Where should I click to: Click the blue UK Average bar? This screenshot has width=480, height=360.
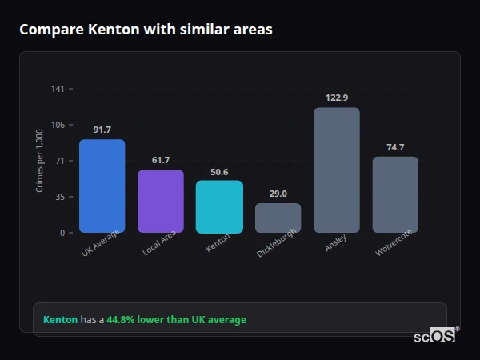click(x=102, y=186)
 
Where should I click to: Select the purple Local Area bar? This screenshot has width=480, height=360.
click(x=161, y=202)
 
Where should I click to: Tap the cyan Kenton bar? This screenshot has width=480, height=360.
click(x=219, y=207)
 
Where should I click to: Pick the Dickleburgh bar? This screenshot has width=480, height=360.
click(x=278, y=218)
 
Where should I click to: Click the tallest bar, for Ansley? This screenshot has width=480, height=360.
click(x=337, y=170)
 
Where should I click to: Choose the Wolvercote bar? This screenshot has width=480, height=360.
click(x=395, y=194)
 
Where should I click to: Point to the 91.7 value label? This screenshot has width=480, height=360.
click(x=102, y=130)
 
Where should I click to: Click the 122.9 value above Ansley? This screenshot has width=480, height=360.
click(x=337, y=98)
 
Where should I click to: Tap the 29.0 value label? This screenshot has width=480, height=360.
click(x=278, y=194)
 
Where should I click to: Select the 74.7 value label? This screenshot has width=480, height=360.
click(x=395, y=147)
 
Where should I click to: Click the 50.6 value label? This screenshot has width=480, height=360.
click(x=219, y=171)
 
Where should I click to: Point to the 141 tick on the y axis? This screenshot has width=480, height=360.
click(x=58, y=89)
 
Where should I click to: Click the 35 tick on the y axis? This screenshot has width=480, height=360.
click(x=59, y=197)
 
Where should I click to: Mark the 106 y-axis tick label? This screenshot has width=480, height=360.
click(x=58, y=125)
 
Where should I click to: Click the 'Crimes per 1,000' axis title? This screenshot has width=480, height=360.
click(x=39, y=162)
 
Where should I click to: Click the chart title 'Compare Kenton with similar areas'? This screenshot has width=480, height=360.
click(x=146, y=30)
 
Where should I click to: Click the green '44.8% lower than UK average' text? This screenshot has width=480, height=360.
click(x=176, y=320)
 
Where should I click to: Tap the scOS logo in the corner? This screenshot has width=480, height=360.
click(x=435, y=336)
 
